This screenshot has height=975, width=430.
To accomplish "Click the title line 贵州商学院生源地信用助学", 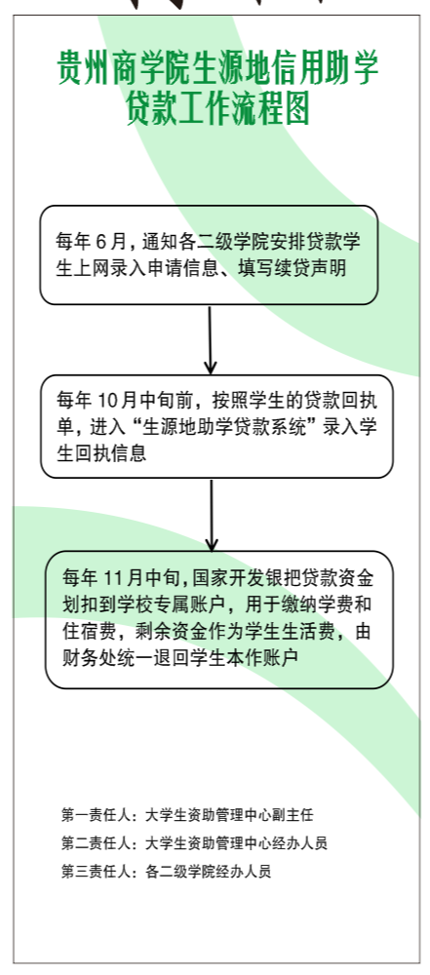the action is tap(217, 68).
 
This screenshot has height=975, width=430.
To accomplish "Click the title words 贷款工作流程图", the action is tap(218, 109).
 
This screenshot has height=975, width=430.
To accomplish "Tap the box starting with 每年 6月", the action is tap(209, 254).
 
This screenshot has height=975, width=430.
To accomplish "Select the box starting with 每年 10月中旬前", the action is tap(217, 426).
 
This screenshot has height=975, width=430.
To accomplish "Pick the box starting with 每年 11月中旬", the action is tap(219, 619).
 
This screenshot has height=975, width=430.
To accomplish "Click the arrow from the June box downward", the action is tap(211, 339).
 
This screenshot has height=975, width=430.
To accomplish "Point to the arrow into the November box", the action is tap(212, 515).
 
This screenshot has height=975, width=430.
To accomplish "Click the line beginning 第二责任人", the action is tap(194, 843).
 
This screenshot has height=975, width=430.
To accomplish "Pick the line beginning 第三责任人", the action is tap(166, 871).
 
